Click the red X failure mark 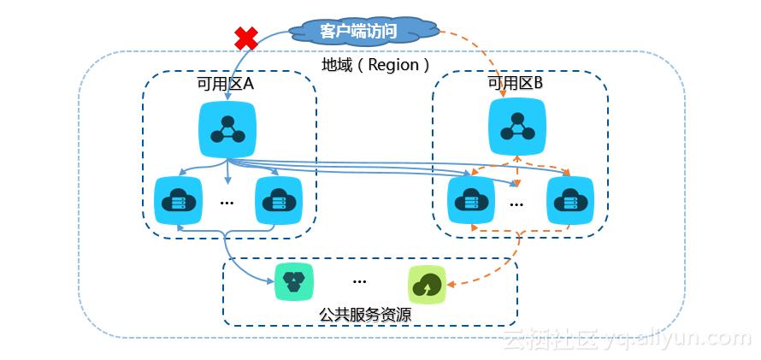[x=246, y=38]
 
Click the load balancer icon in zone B [x=517, y=124]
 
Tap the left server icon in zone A [x=178, y=200]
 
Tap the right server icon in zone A [x=279, y=200]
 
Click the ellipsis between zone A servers [x=227, y=204]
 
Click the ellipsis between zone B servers [x=517, y=204]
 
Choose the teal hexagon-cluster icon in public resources [x=293, y=281]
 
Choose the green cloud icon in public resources [x=428, y=284]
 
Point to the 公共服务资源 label [x=365, y=315]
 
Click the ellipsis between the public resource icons [x=359, y=281]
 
